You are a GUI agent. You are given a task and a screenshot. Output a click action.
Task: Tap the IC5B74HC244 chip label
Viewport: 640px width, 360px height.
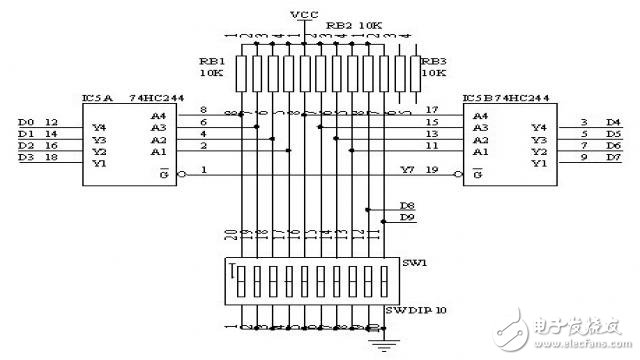pos(506,99)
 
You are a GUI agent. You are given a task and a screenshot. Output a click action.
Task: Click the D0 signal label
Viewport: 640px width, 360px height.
pos(26,121)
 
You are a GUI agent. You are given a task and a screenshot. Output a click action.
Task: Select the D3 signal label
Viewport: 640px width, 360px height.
pos(26,157)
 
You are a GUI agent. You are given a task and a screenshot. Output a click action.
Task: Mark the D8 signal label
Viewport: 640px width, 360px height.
pos(406,205)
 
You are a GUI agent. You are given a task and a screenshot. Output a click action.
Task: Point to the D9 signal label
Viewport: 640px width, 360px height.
pos(406,217)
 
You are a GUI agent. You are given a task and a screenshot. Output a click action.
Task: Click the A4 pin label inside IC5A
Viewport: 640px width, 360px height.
pos(158,116)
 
